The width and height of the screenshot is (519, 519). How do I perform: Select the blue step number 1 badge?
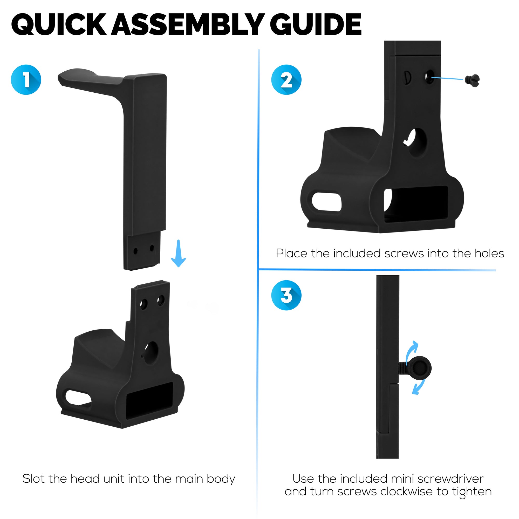[26, 80]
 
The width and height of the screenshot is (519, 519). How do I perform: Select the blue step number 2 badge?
[286, 80]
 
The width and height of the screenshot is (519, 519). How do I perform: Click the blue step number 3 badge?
[286, 295]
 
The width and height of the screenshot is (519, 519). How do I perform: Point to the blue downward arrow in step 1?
[178, 254]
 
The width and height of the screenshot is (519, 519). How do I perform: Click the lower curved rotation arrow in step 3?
[419, 388]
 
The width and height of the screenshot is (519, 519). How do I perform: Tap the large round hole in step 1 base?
[151, 353]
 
